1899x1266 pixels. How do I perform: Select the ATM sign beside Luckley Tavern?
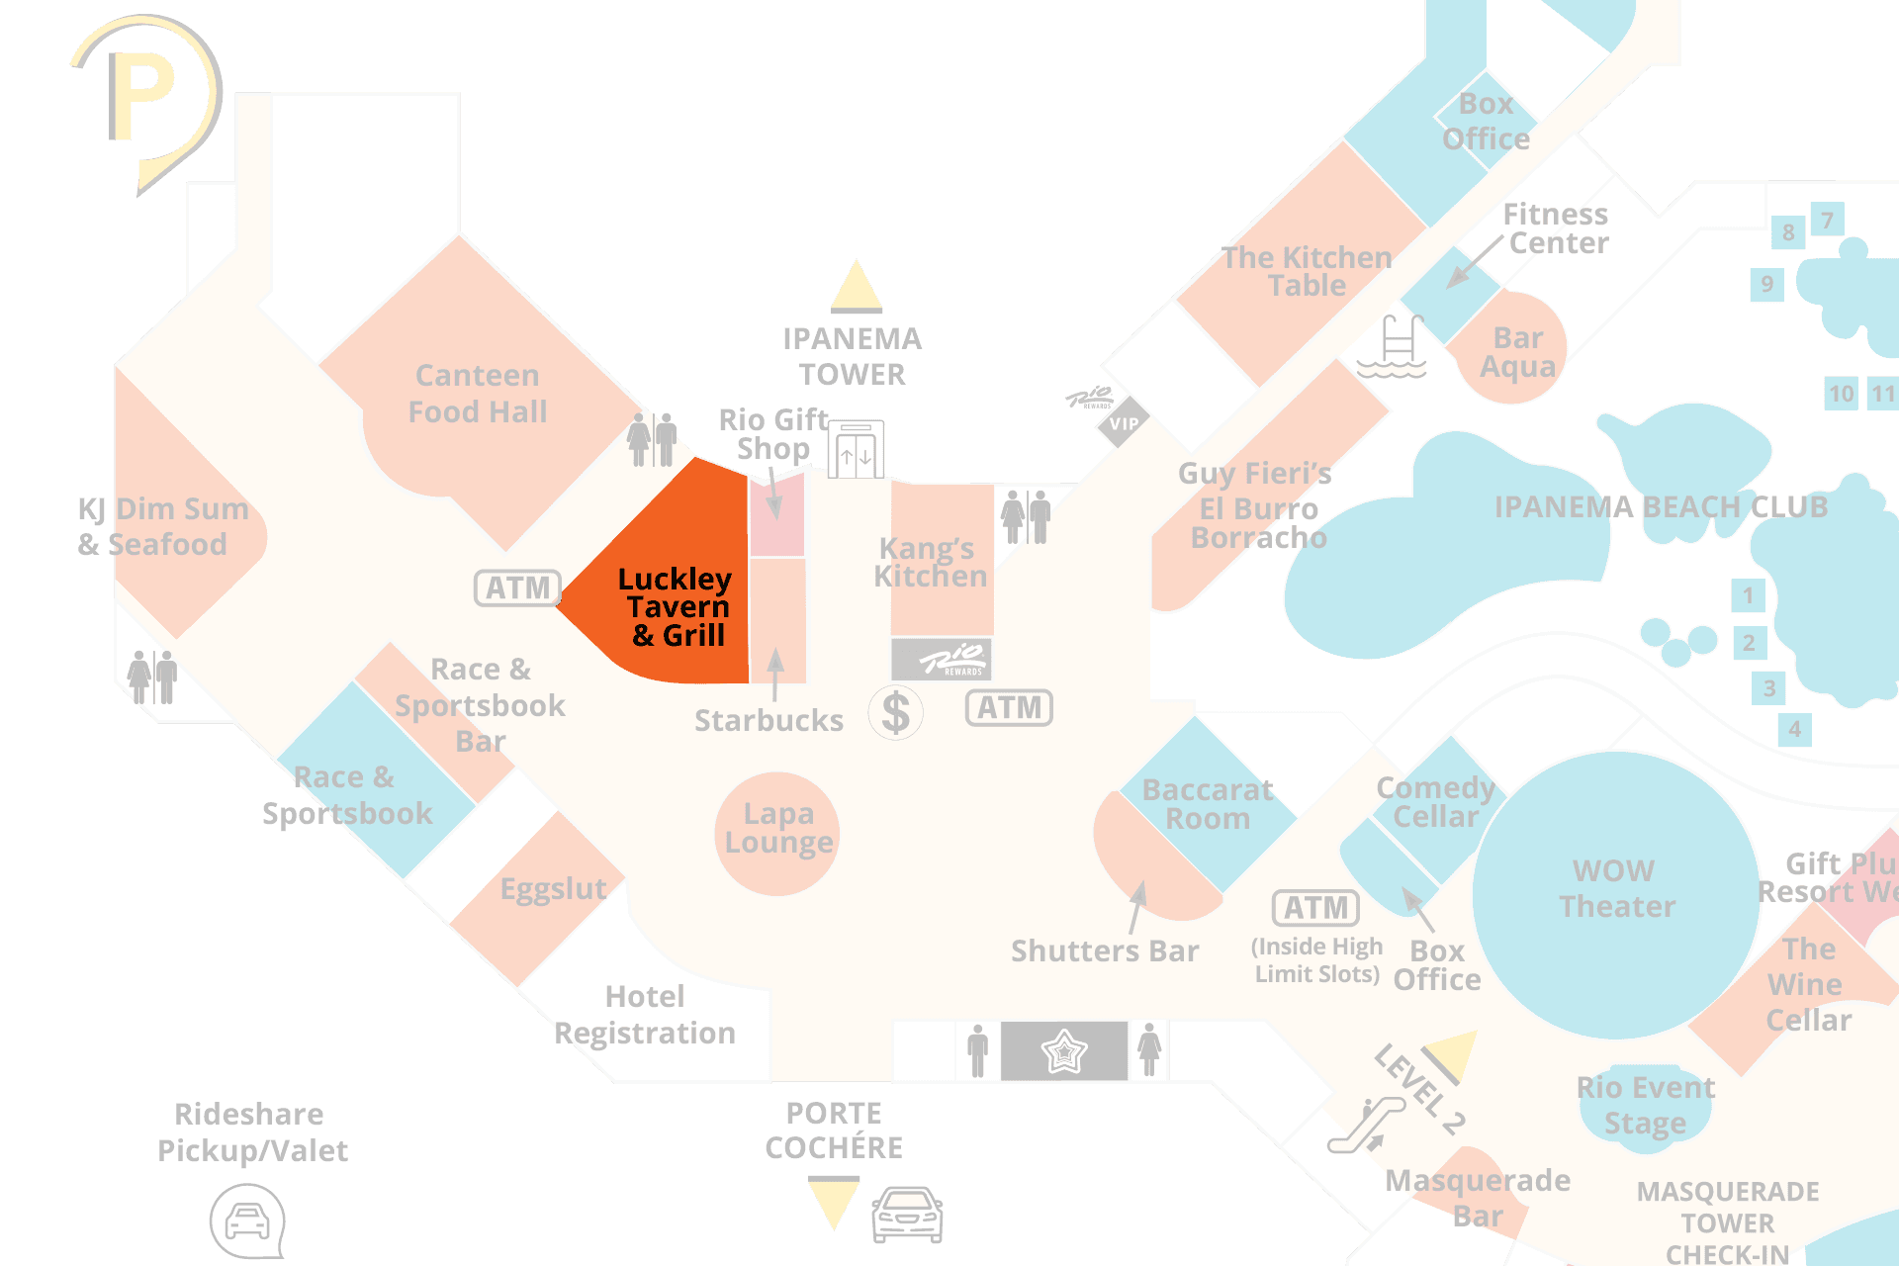tap(517, 588)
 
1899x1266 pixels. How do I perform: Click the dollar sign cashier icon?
tap(895, 712)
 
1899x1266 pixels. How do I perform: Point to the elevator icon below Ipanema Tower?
tap(856, 450)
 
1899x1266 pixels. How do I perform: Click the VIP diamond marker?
tap(1123, 423)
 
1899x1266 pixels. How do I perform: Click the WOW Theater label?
tap(1616, 888)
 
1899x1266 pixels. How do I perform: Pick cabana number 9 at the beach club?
tap(1766, 285)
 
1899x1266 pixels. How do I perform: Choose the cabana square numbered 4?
tap(1794, 730)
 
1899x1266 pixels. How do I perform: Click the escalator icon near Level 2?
tap(1365, 1127)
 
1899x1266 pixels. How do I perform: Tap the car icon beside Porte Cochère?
tap(907, 1214)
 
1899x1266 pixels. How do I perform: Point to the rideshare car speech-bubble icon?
tap(247, 1221)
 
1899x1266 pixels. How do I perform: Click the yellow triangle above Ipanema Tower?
tap(857, 287)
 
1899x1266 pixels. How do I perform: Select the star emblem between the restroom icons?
tap(1064, 1051)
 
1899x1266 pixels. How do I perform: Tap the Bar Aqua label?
tap(1517, 352)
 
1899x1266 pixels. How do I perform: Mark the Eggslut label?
tap(553, 889)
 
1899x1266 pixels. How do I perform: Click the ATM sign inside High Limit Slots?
tap(1315, 907)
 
